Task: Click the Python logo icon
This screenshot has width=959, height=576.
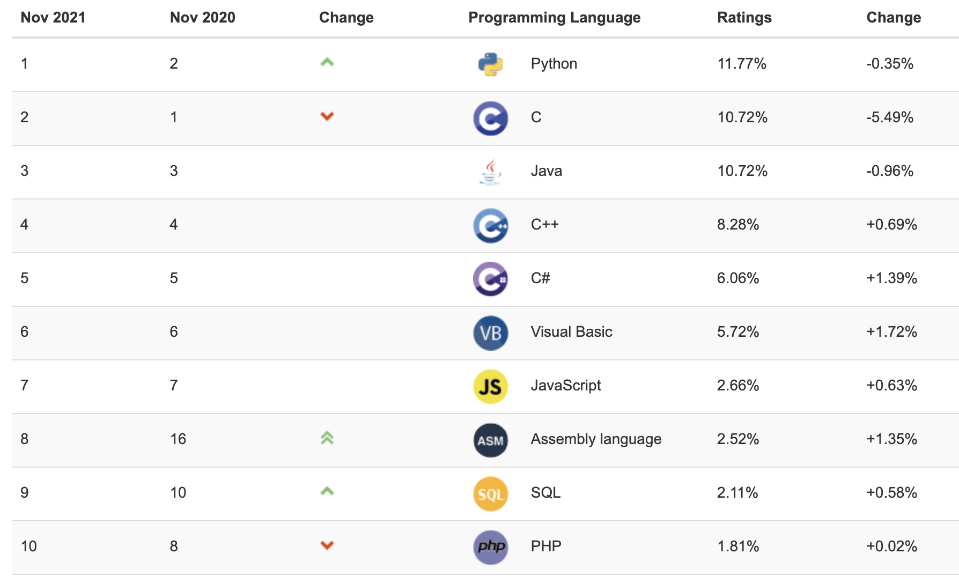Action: (x=490, y=64)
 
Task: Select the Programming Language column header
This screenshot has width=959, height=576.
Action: (x=554, y=18)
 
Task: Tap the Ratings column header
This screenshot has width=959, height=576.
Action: (x=744, y=18)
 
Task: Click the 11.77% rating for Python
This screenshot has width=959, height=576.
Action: (x=742, y=64)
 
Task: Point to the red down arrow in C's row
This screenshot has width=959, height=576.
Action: (x=327, y=116)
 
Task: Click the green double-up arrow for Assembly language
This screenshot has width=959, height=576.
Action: (x=327, y=438)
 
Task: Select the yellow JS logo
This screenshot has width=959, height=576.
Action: (x=490, y=386)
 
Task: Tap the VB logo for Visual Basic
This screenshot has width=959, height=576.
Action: (x=490, y=333)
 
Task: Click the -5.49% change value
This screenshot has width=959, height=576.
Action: (x=890, y=117)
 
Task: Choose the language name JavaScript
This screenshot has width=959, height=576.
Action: (x=566, y=386)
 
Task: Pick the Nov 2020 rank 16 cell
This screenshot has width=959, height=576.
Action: (x=178, y=439)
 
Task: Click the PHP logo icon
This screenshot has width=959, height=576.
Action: (x=490, y=547)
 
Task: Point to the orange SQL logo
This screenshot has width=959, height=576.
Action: (x=490, y=493)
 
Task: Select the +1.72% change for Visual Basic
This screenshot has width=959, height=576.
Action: (x=892, y=332)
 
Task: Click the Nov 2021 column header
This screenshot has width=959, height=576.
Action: (x=53, y=18)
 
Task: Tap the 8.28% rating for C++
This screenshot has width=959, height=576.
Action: (x=738, y=225)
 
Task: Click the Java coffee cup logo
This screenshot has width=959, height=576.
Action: (x=490, y=172)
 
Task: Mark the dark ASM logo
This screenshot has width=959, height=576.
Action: (x=490, y=440)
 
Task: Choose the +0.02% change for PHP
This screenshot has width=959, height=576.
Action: (x=892, y=547)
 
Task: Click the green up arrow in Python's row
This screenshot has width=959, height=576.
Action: (x=327, y=62)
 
